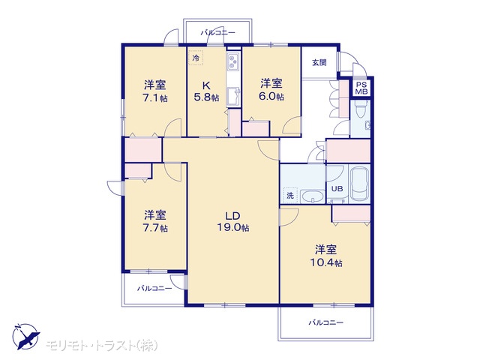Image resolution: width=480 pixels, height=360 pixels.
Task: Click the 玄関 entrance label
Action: [x=319, y=63]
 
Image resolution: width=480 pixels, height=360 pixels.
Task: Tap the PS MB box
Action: [x=361, y=88]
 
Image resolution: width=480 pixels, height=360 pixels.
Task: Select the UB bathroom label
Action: [x=337, y=188]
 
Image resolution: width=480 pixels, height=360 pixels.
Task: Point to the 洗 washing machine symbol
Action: [x=290, y=195]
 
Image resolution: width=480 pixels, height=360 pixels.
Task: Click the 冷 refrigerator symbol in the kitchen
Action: [x=196, y=58]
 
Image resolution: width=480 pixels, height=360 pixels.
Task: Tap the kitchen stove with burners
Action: [x=233, y=62]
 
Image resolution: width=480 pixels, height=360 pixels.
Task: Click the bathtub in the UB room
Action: [x=360, y=183]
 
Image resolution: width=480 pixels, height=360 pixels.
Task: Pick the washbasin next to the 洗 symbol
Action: [x=313, y=196]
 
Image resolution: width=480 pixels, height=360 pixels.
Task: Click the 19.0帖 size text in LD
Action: [x=232, y=228]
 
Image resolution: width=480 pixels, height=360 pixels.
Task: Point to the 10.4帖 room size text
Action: [x=326, y=262]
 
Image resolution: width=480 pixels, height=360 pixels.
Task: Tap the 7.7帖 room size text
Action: [x=155, y=228]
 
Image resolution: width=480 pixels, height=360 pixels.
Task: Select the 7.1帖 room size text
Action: [x=155, y=98]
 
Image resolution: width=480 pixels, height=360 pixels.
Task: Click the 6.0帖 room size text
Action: [x=271, y=97]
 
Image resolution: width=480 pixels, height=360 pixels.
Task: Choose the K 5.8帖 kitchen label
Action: [x=207, y=91]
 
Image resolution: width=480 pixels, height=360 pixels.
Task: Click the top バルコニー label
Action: [x=218, y=32]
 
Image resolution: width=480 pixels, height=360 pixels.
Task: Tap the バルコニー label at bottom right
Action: [x=326, y=322]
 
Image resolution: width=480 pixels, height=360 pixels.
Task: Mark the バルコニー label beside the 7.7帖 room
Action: [x=154, y=288]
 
